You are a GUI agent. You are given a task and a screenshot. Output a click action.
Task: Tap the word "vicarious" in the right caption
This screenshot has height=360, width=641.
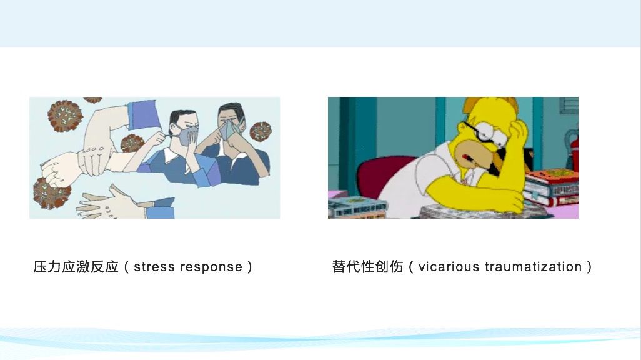point(449,267)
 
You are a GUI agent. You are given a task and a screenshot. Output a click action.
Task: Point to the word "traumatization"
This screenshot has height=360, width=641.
point(534,267)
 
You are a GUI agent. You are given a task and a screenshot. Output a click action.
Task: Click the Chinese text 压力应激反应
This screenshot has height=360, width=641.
point(76,267)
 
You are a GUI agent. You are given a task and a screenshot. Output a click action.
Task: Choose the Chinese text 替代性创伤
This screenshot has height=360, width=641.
point(367,267)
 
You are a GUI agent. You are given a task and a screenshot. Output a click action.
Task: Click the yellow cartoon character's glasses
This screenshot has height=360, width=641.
point(487,133)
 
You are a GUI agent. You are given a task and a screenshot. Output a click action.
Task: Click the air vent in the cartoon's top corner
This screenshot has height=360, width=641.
point(569,105)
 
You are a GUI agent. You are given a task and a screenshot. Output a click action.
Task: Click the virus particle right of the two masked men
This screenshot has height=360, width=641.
point(261,131)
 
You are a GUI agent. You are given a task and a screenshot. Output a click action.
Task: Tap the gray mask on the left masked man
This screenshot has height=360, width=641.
point(187,136)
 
